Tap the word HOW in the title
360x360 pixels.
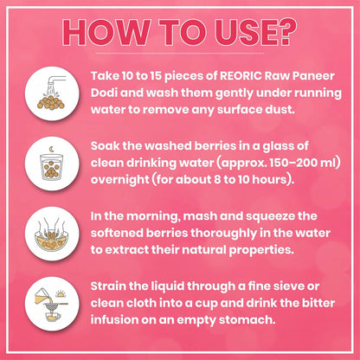pyautogui.click(x=106, y=32)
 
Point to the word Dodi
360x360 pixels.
pyautogui.click(x=104, y=93)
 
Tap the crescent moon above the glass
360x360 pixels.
pyautogui.click(x=51, y=150)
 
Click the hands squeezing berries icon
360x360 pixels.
pyautogui.click(x=52, y=234)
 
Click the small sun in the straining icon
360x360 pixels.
pyautogui.click(x=61, y=293)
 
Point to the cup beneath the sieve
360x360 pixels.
pyautogui.click(x=53, y=317)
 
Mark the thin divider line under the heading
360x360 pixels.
pyautogui.click(x=180, y=54)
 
